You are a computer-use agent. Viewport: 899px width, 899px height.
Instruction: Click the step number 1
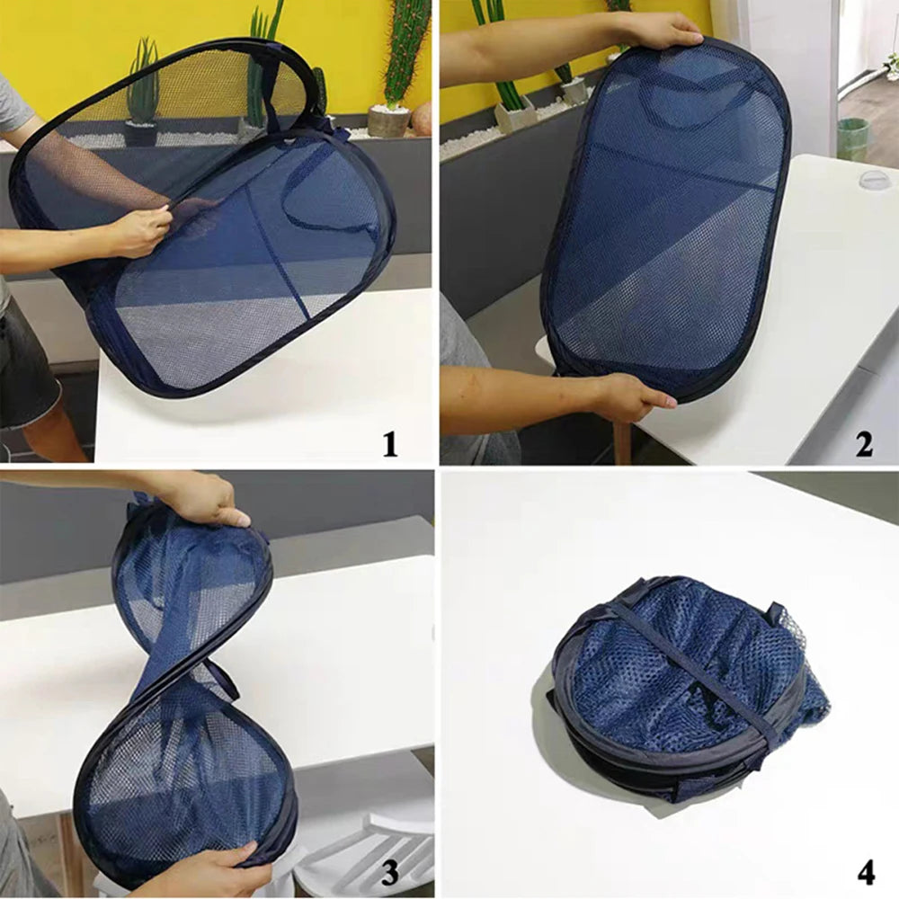click(389, 443)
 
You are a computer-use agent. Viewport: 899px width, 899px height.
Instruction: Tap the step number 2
click(863, 443)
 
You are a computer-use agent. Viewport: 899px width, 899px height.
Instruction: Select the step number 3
click(389, 871)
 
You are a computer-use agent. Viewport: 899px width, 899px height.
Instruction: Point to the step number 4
click(865, 871)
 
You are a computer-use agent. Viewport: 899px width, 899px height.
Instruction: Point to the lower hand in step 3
click(193, 872)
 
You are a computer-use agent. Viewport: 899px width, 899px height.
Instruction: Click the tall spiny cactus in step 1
click(405, 49)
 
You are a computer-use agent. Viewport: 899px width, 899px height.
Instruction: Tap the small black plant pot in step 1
click(141, 133)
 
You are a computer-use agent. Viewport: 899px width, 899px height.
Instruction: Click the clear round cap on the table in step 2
click(877, 181)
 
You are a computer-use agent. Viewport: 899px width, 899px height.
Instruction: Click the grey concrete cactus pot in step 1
click(388, 120)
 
